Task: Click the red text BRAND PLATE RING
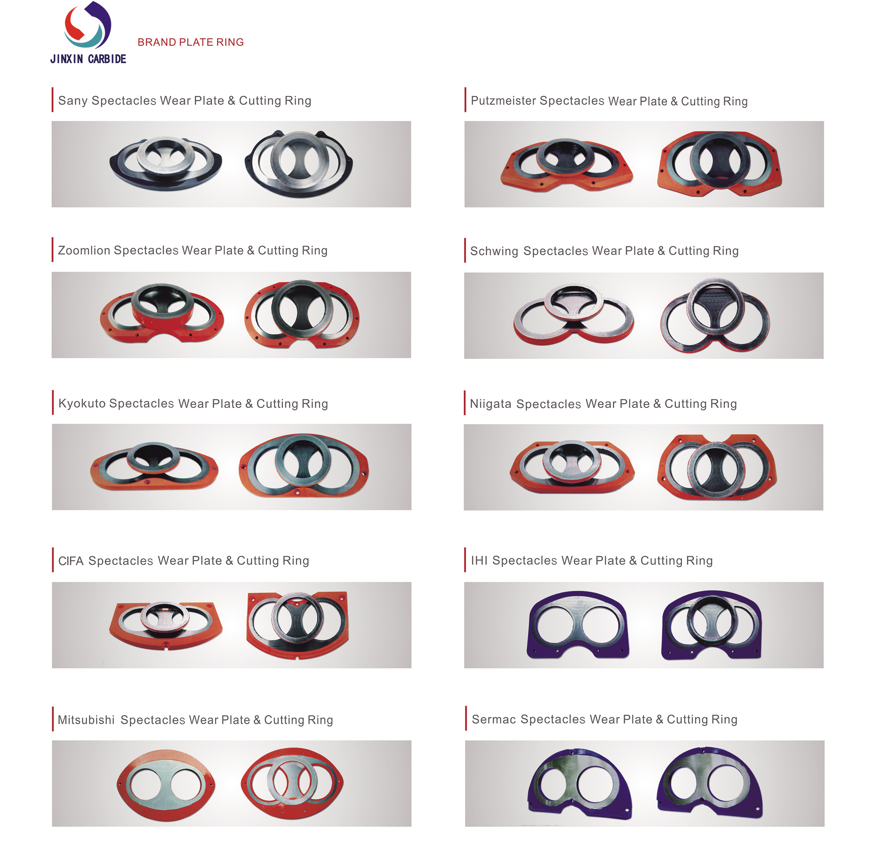point(191,42)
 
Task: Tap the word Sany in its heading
point(73,101)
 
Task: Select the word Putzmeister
point(503,101)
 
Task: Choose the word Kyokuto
point(82,404)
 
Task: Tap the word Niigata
point(491,404)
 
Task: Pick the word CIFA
point(71,561)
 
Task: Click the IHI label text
point(479,561)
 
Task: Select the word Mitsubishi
point(86,720)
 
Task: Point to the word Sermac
point(494,720)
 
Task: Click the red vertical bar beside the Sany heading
point(53,100)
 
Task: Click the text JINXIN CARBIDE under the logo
point(89,59)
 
